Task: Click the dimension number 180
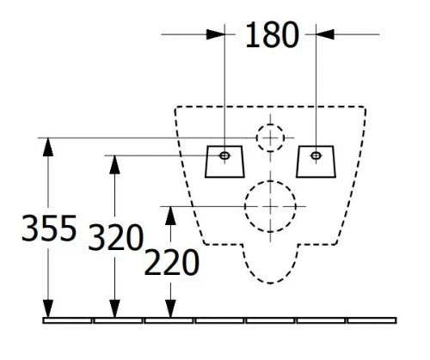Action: click(x=273, y=35)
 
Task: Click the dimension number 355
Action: click(x=49, y=229)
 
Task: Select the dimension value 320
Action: click(x=115, y=237)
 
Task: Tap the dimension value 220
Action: click(x=171, y=262)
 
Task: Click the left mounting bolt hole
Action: click(x=224, y=156)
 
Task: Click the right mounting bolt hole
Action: click(x=316, y=156)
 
